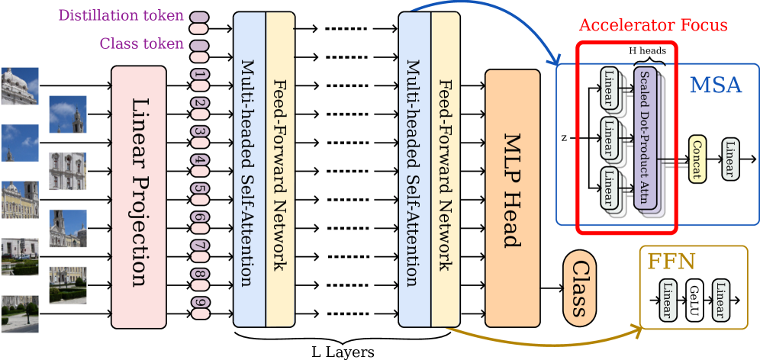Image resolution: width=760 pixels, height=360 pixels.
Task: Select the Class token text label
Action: click(x=142, y=43)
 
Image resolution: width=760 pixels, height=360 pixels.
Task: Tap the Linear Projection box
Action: click(x=138, y=191)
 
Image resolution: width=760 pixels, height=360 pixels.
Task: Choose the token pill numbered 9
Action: click(x=200, y=303)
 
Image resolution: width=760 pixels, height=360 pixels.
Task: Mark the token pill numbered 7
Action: click(x=200, y=246)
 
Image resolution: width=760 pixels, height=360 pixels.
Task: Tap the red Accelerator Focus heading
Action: click(x=653, y=24)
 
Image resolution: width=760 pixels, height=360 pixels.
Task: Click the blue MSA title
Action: click(x=715, y=85)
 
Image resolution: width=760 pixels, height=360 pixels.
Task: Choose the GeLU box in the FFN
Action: click(x=694, y=300)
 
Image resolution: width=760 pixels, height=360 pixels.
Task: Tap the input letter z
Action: click(x=564, y=138)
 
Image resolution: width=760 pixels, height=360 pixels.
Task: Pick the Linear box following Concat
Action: click(x=729, y=159)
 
